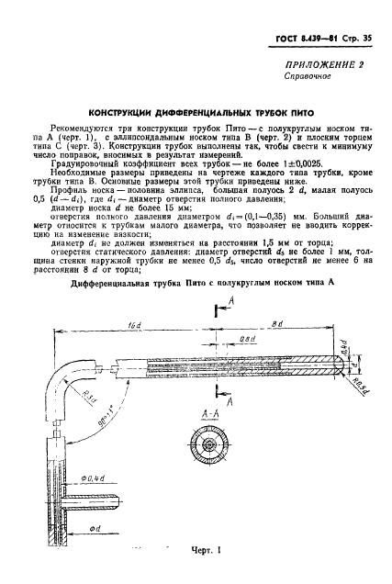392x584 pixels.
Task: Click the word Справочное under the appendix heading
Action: tap(309, 77)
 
